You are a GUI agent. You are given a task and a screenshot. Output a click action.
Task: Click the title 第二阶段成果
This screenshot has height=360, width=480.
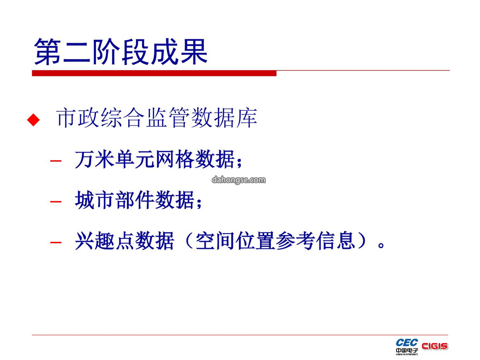coord(121,52)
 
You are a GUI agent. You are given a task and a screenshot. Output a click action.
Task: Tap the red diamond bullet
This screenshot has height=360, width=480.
coord(33,120)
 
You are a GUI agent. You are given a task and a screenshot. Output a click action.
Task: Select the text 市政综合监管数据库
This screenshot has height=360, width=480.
coord(157,117)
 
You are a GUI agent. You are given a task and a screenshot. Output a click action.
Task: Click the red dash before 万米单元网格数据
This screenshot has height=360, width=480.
coord(56,160)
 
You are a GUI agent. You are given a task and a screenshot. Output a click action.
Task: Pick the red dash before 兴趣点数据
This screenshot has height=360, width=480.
coord(56,243)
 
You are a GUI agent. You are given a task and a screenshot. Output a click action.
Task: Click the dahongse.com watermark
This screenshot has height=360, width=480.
coord(239,180)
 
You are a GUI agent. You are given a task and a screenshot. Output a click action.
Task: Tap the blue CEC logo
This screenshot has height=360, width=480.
coord(407,343)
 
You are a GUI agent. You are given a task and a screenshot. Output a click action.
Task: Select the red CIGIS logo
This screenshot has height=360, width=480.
coord(435,346)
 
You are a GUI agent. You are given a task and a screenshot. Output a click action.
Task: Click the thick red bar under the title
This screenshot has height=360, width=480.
coord(154,73)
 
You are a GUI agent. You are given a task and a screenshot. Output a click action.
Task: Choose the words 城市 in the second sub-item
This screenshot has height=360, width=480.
coord(95,200)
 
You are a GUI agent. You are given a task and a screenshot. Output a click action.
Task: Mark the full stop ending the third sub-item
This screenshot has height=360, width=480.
coord(381,245)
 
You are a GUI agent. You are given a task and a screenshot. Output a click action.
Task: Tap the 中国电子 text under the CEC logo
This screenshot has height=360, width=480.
coord(407,351)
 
